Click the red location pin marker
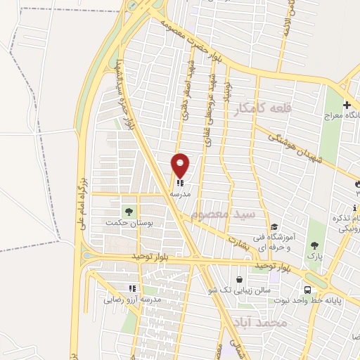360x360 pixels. pyautogui.click(x=180, y=165)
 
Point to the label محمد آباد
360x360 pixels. pyautogui.click(x=263, y=321)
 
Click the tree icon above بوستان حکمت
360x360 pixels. pyautogui.click(x=128, y=210)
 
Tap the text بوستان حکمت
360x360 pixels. pyautogui.click(x=128, y=223)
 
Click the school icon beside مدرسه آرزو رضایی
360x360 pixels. pyautogui.click(x=131, y=288)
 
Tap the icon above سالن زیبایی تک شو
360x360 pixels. pyautogui.click(x=239, y=279)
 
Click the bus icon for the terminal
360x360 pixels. pyautogui.click(x=308, y=290)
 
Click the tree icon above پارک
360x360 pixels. pyautogui.click(x=314, y=245)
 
